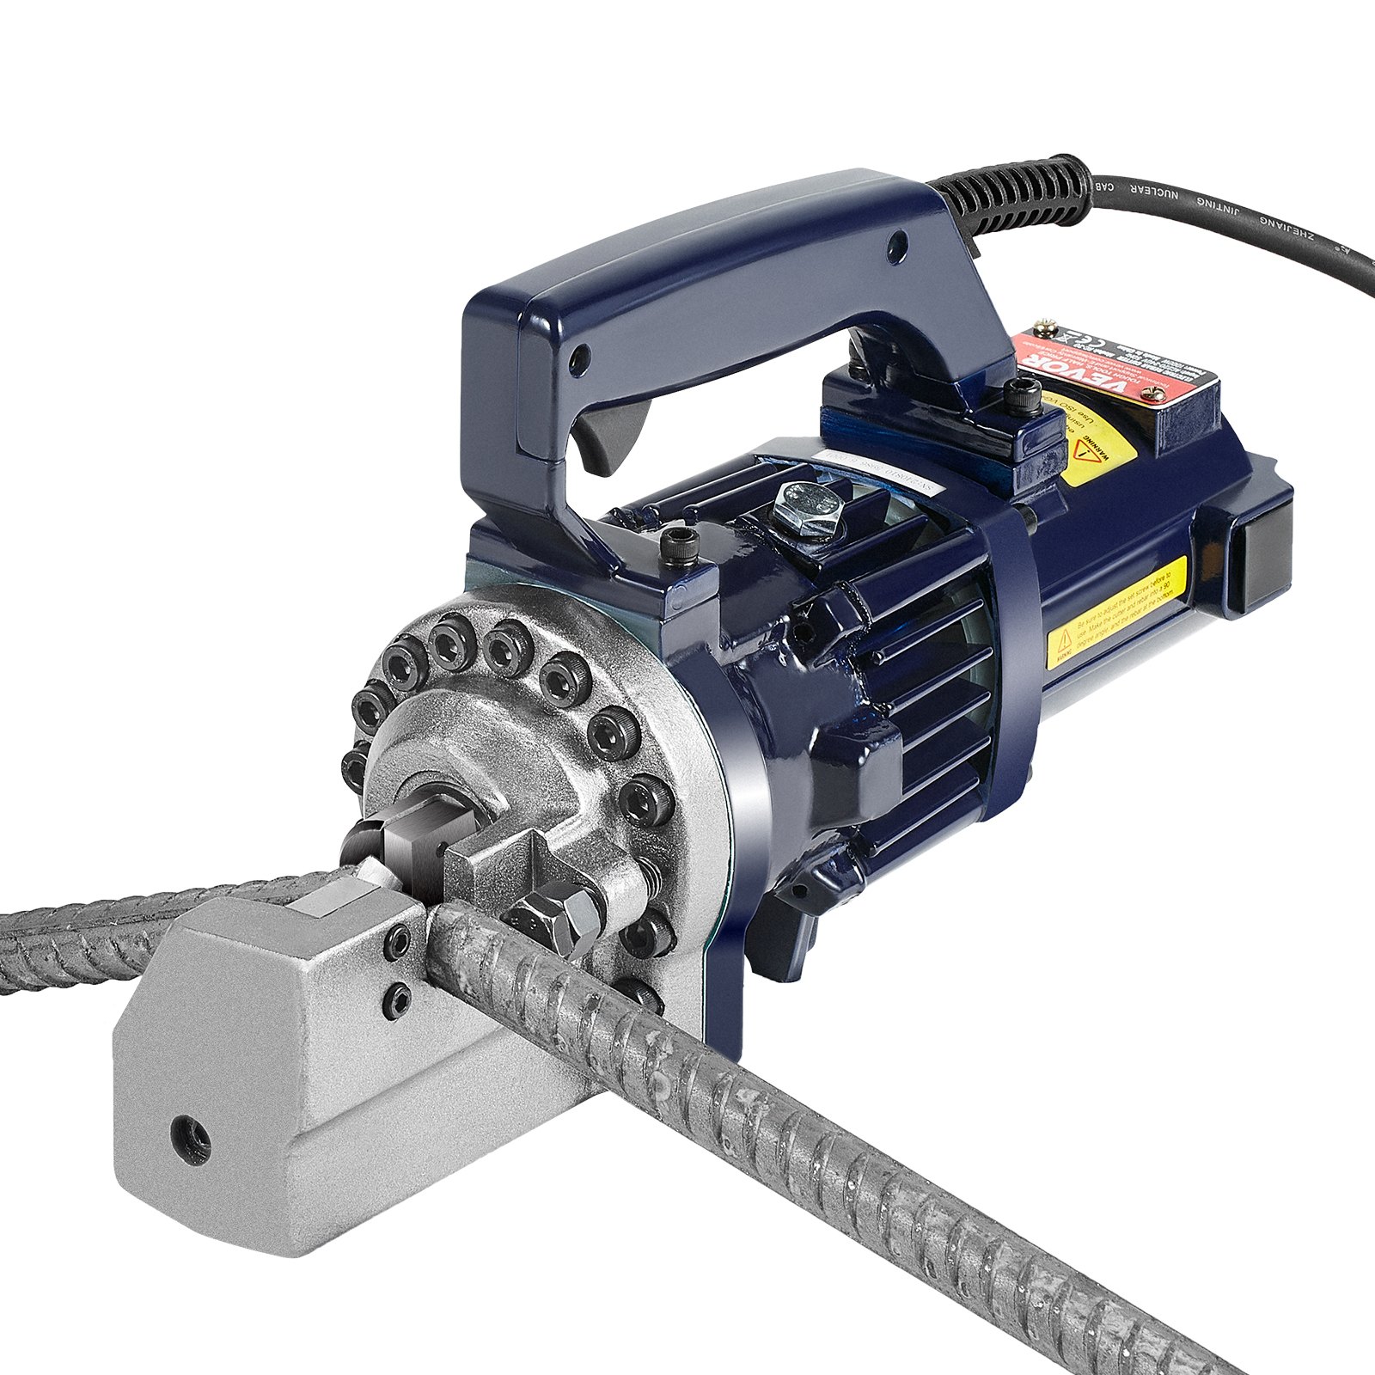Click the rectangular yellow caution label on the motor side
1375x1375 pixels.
1118,611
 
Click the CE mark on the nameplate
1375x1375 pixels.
1072,337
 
